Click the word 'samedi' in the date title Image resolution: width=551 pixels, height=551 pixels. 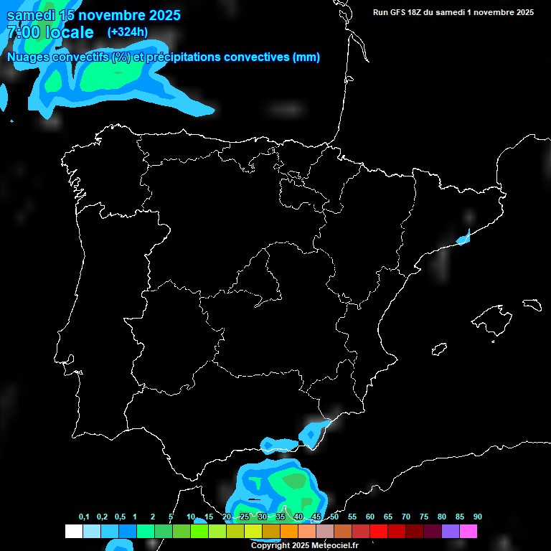29,15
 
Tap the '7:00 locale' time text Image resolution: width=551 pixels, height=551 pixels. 50,32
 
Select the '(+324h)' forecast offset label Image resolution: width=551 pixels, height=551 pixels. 128,32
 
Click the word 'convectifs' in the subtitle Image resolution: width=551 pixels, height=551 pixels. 79,57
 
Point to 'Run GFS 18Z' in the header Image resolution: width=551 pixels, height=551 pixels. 397,12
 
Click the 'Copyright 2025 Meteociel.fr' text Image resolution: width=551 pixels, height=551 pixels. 304,546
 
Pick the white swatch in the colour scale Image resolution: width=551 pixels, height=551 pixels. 73,531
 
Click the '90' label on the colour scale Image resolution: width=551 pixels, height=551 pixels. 478,517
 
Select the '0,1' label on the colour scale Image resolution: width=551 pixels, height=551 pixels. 84,517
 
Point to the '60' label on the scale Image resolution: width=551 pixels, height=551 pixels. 370,517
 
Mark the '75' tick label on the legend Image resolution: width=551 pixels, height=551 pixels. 424,517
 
